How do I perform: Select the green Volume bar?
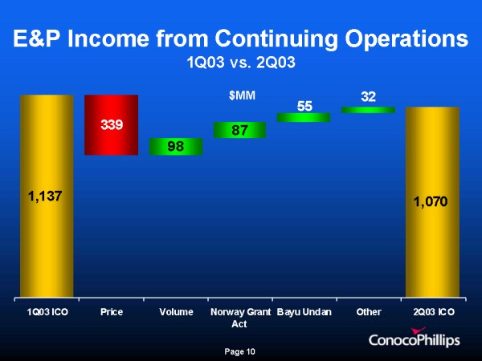[x=175, y=146]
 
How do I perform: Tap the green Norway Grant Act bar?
[x=239, y=130]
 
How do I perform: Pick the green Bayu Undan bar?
[x=303, y=117]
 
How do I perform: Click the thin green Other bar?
[x=367, y=110]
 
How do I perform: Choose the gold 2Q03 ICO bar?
[x=432, y=241]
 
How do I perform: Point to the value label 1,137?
[x=47, y=195]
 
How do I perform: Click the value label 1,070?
[x=432, y=203]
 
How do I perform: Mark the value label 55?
[x=304, y=105]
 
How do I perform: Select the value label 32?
[x=368, y=97]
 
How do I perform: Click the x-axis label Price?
[x=112, y=310]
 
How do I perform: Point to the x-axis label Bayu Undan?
[x=304, y=310]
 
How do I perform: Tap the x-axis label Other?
[x=367, y=310]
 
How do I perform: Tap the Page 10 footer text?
[x=240, y=351]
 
